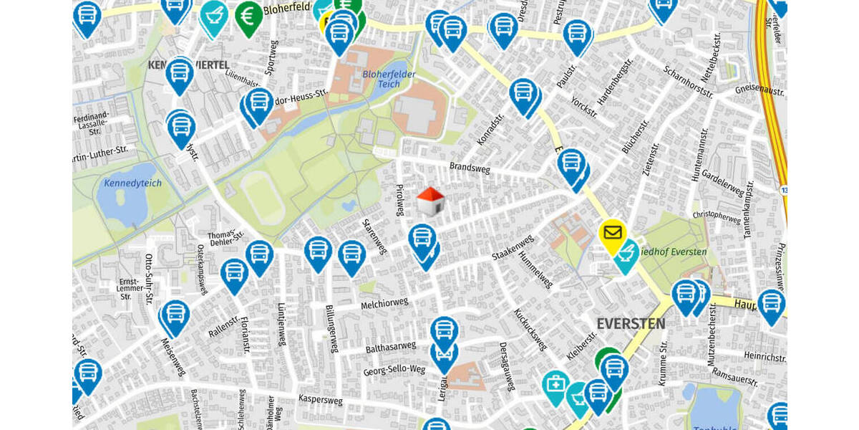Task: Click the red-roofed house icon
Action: pyautogui.click(x=429, y=202)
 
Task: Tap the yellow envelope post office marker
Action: pyautogui.click(x=612, y=234)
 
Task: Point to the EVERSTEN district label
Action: pyautogui.click(x=631, y=324)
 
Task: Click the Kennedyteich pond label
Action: pyautogui.click(x=133, y=183)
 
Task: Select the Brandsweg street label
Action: pyautogui.click(x=470, y=167)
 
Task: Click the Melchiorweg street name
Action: pyautogui.click(x=384, y=304)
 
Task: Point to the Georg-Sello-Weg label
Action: pyautogui.click(x=394, y=370)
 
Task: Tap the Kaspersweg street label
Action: pyautogui.click(x=323, y=398)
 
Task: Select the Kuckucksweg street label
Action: pyautogui.click(x=530, y=330)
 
